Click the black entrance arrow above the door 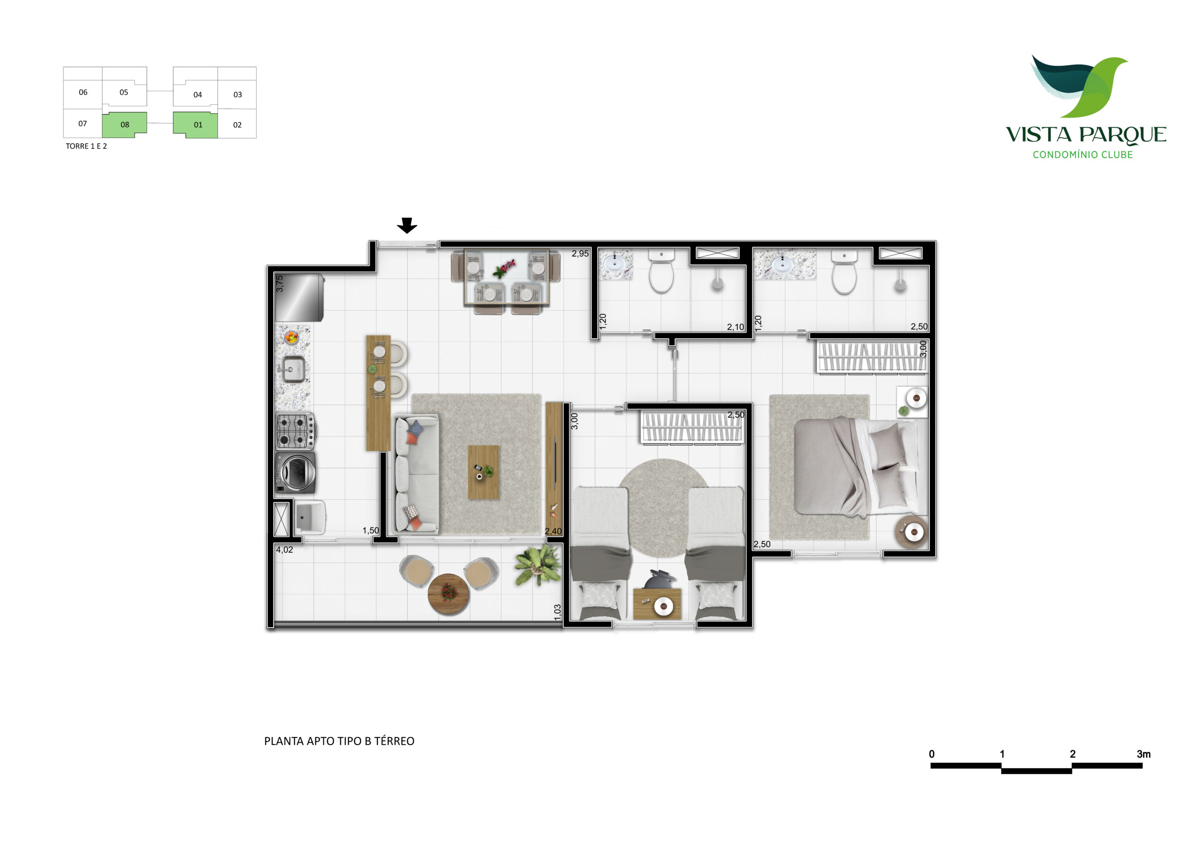click(407, 225)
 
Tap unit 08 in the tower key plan click(125, 124)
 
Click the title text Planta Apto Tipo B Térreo click(339, 741)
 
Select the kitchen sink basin click(292, 369)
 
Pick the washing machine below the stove click(296, 472)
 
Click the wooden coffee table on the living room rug click(483, 472)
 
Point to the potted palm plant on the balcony click(537, 564)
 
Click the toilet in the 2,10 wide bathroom click(662, 271)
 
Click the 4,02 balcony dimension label click(284, 550)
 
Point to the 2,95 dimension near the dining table click(580, 254)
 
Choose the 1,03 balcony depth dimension click(557, 612)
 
